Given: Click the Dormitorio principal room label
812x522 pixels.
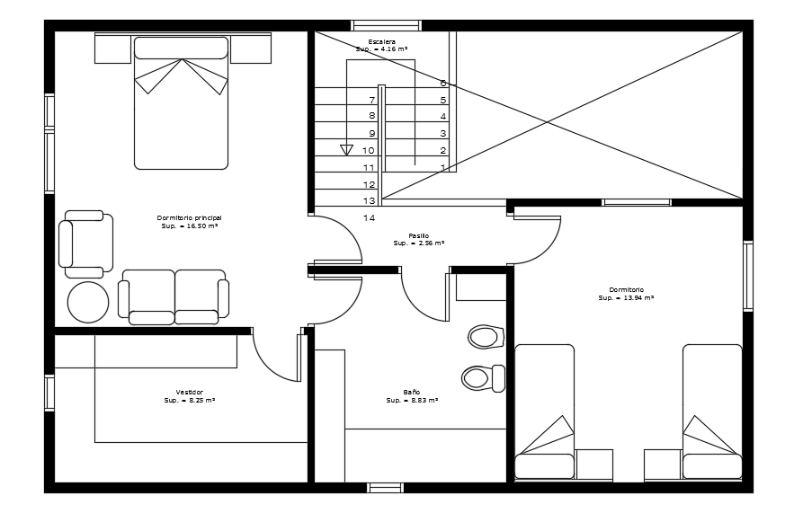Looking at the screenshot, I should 189,218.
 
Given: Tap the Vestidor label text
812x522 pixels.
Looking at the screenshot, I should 189,393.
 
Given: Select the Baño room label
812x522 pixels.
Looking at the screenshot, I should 411,393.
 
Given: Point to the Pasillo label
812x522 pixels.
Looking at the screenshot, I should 418,235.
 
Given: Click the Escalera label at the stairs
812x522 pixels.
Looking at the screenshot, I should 381,42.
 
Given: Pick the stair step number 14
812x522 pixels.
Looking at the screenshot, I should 369,217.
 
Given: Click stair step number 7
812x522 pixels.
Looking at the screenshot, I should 371,100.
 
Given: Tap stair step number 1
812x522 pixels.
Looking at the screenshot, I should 442,168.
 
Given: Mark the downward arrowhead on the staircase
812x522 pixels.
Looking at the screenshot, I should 346,150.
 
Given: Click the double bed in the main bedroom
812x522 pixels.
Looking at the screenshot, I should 181,102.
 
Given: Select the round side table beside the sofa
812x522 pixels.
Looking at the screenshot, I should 88,302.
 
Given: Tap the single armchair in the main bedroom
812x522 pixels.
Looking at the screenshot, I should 86,243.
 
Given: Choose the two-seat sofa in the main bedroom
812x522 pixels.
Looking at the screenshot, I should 174,296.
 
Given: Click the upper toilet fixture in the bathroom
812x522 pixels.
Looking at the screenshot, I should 486,337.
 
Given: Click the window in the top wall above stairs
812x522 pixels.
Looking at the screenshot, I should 386,25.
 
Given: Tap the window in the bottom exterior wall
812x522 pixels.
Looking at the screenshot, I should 385,488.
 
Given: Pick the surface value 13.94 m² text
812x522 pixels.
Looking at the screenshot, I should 626,297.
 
